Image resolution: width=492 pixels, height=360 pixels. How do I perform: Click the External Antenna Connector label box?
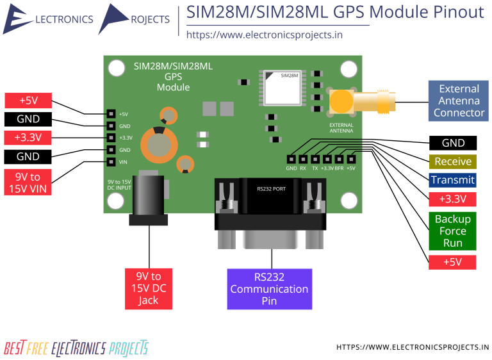(x=459, y=101)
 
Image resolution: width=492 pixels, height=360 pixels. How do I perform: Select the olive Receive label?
(x=453, y=161)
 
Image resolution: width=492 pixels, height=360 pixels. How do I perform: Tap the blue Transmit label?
(x=453, y=180)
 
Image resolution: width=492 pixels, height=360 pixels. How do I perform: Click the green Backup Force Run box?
(x=453, y=231)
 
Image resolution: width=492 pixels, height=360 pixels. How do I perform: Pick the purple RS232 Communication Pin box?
(x=269, y=289)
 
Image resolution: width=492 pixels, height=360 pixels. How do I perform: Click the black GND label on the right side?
(x=453, y=143)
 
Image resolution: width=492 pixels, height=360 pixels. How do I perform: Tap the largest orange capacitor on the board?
(x=158, y=143)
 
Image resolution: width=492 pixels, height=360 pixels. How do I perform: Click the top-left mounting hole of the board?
(x=116, y=67)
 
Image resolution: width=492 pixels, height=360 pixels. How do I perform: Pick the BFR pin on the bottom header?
(x=340, y=159)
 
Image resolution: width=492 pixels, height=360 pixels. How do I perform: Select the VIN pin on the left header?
(x=111, y=162)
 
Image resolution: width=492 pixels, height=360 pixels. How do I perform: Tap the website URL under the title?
(x=264, y=35)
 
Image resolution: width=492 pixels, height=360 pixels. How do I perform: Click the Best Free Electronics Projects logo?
(x=76, y=348)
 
